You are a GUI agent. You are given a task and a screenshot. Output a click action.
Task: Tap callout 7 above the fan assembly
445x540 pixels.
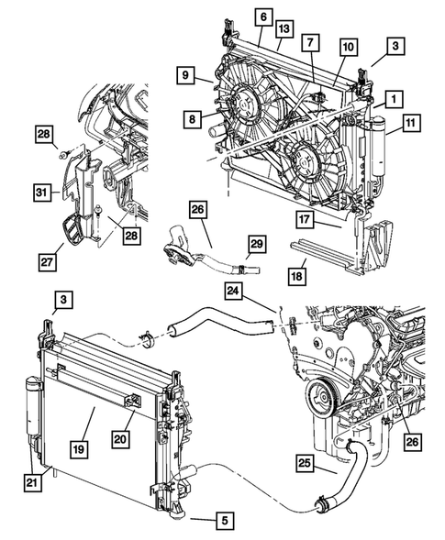(x=312, y=43)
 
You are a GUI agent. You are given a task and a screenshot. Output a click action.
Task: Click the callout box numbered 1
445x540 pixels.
(x=391, y=97)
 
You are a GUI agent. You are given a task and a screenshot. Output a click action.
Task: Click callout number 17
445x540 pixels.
(x=306, y=219)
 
